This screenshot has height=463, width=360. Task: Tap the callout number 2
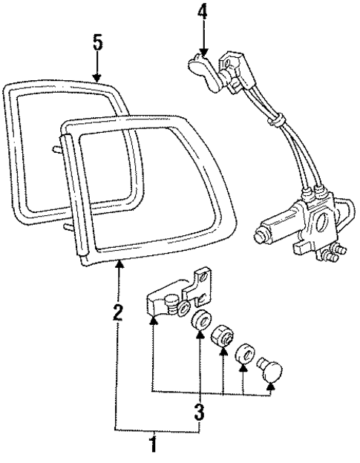pyautogui.click(x=118, y=312)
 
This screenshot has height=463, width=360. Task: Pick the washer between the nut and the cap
pyautogui.click(x=246, y=352)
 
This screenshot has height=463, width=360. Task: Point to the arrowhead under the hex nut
pyautogui.click(x=223, y=355)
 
